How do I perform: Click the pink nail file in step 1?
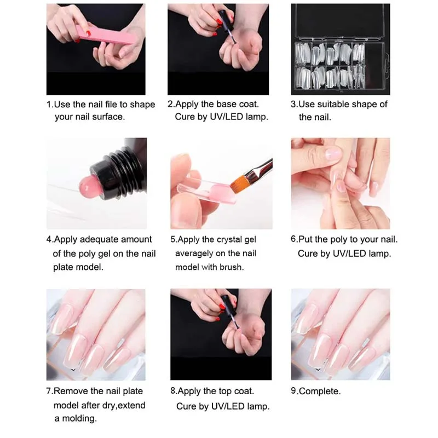pos(107,35)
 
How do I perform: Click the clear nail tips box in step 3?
pos(341,49)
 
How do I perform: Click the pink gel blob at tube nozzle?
pos(88,186)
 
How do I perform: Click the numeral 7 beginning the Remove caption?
pos(49,391)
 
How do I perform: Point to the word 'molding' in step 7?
pos(79,418)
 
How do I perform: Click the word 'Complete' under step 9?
pos(319,391)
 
